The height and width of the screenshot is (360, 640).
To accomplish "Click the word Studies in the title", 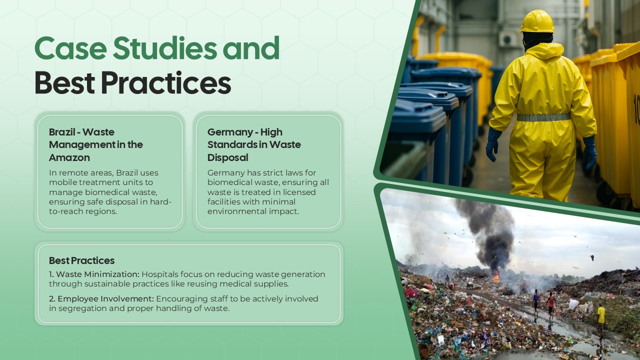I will click(164, 48).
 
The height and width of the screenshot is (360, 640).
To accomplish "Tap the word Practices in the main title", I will click(165, 83).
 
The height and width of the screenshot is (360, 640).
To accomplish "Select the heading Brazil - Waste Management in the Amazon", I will click(96, 144).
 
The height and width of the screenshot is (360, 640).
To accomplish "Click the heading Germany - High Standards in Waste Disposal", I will click(254, 144).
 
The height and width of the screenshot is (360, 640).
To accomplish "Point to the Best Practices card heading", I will click(81, 260).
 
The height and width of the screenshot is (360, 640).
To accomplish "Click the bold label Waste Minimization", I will click(97, 274).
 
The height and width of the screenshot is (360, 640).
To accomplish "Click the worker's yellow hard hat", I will click(537, 21).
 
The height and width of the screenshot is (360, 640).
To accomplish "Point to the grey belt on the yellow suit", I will click(543, 117).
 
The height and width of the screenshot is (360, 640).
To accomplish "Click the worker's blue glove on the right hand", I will click(590, 152).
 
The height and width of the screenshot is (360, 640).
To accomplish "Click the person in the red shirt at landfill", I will click(551, 302).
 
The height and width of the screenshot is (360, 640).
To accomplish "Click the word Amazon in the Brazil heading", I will click(69, 157).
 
